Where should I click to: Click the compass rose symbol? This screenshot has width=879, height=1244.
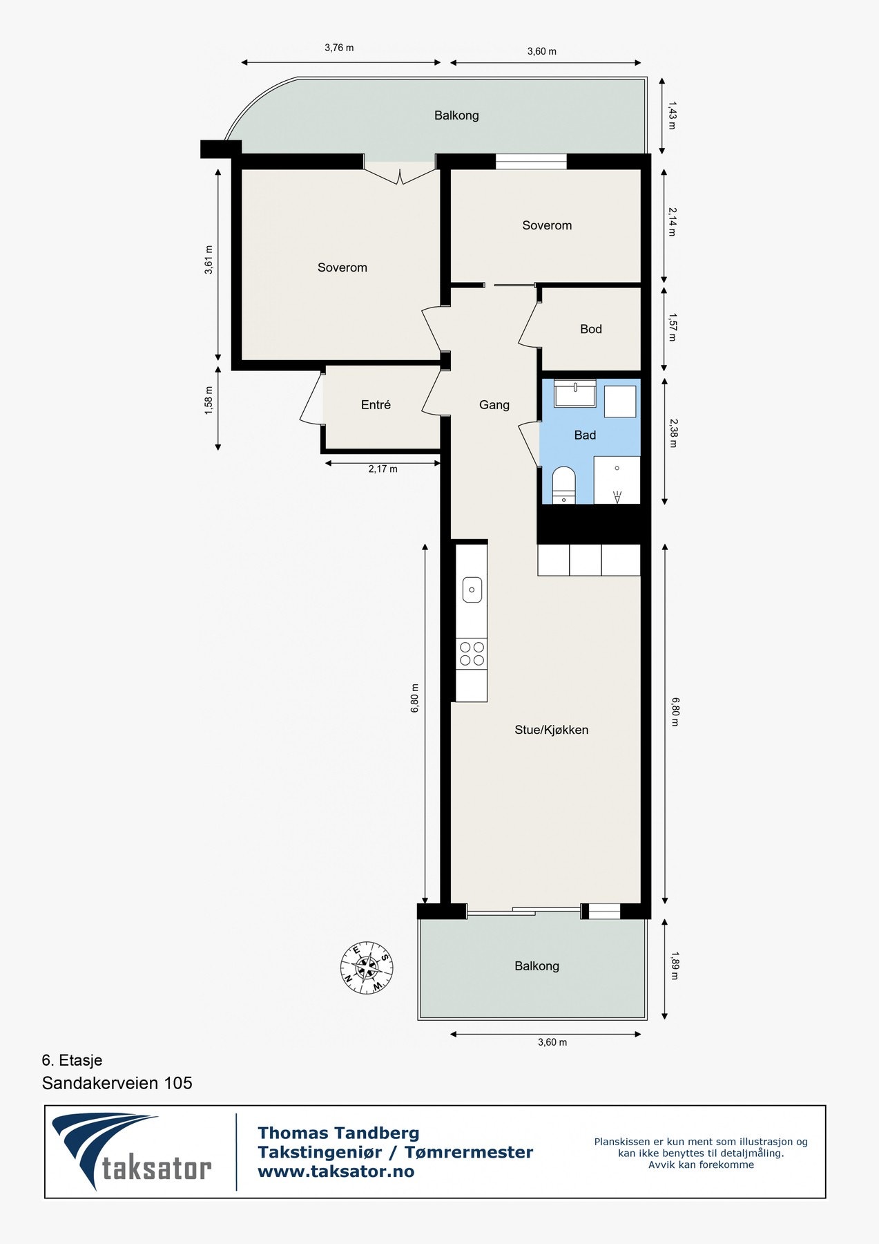(367, 968)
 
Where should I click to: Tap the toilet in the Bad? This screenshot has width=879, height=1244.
(564, 484)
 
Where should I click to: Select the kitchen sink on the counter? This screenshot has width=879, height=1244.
(472, 590)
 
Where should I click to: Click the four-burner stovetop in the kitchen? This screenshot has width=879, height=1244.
(472, 654)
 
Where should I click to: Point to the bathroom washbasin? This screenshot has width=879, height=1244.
(575, 393)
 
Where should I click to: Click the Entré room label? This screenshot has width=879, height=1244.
(376, 405)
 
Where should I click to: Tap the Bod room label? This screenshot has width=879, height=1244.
(591, 329)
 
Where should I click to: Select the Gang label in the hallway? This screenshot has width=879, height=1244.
(494, 405)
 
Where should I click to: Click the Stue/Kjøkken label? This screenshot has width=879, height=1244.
(552, 730)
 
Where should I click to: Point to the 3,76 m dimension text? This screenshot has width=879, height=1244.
(339, 48)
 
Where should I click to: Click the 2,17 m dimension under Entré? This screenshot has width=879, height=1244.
(383, 469)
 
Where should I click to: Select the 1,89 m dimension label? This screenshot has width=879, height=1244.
(674, 967)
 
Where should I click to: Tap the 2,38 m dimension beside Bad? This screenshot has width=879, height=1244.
(674, 433)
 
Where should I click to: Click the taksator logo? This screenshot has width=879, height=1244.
(132, 1151)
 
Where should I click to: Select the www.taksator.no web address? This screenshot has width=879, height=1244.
(336, 1171)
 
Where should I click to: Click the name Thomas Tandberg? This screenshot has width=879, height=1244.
(338, 1133)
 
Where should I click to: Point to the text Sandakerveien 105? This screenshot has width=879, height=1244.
(117, 1083)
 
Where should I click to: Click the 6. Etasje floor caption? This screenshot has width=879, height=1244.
(72, 1060)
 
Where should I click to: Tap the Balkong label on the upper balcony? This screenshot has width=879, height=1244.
(456, 115)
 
